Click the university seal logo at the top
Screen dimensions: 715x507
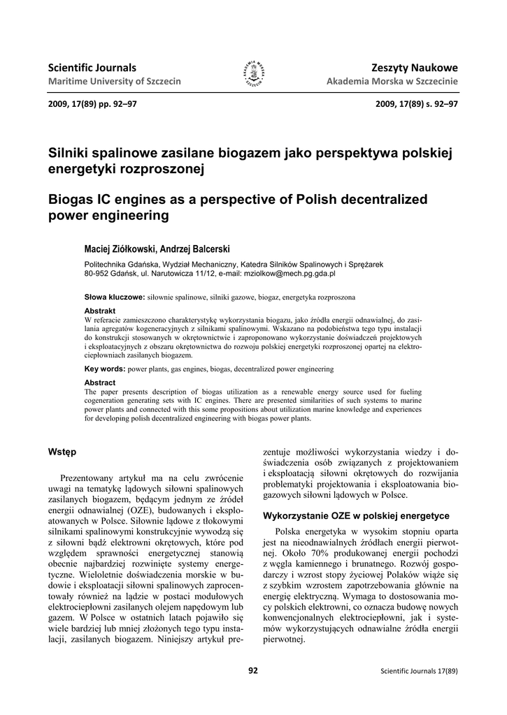click(x=253, y=73)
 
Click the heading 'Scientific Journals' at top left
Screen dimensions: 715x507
click(x=92, y=68)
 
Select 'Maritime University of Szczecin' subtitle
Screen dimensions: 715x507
click(x=114, y=82)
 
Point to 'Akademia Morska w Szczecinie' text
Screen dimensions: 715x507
click(x=392, y=82)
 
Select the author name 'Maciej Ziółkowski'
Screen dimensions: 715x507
click(x=120, y=249)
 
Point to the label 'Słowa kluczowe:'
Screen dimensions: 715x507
click(x=114, y=297)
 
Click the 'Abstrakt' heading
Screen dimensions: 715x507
click(x=100, y=310)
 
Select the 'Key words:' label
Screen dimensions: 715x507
click(x=105, y=368)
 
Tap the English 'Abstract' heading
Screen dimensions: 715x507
click(x=100, y=383)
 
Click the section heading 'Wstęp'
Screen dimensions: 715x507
click(x=61, y=452)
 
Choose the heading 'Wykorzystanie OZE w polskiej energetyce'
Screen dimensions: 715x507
click(x=356, y=516)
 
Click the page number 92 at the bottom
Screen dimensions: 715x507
click(x=253, y=671)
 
